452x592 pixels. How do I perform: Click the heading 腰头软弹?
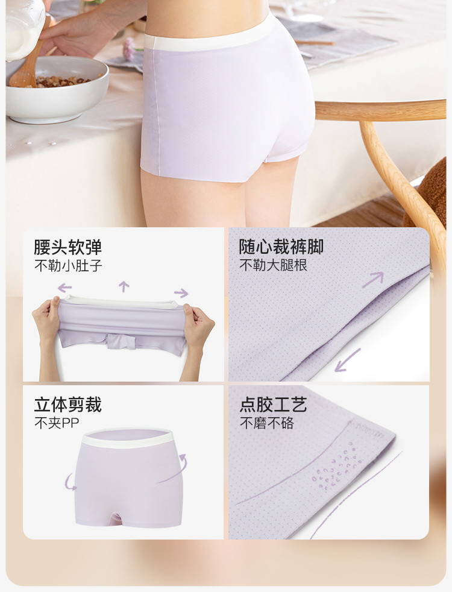click(68, 247)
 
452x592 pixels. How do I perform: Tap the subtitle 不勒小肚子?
click(68, 265)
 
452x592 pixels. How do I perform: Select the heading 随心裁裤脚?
click(281, 247)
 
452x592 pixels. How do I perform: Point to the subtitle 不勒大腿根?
click(274, 265)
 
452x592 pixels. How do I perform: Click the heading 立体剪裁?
click(68, 405)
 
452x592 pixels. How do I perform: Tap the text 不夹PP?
click(57, 423)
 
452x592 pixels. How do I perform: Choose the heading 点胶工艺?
click(273, 405)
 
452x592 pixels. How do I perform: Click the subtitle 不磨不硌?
click(267, 423)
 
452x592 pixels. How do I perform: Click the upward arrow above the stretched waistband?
click(124, 286)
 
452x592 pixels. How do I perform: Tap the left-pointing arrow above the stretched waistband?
click(65, 288)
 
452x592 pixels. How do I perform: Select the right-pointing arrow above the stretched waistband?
click(181, 293)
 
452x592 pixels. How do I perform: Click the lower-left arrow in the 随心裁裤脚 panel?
click(347, 360)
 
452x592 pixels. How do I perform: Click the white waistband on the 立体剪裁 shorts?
click(128, 437)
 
